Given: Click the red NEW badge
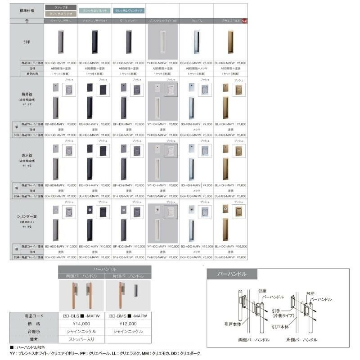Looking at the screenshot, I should point(244,21).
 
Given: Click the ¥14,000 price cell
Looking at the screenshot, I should point(81,324).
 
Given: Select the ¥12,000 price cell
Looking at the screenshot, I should point(128,324).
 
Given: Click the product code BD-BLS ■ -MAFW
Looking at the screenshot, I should point(81,316).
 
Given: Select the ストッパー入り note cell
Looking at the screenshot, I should point(81,339).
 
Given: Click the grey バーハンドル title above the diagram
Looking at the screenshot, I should point(232,274).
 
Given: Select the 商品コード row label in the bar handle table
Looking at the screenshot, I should point(34,316).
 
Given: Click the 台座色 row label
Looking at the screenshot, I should point(34,331).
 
